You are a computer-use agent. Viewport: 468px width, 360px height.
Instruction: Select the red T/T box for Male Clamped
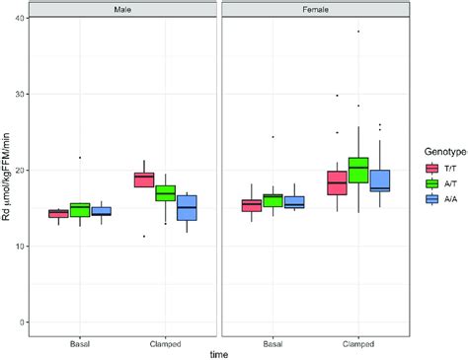(x=144, y=179)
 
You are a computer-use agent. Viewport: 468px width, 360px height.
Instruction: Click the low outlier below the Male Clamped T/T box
(x=144, y=236)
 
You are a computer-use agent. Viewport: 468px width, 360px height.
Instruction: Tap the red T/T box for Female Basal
(x=252, y=204)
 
